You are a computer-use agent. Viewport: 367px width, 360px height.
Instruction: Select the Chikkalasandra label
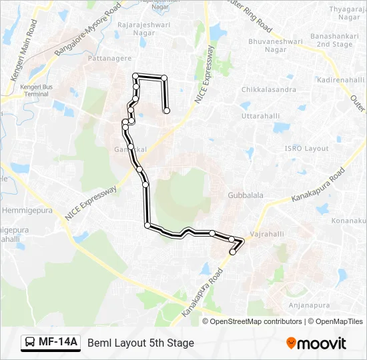click(x=268, y=89)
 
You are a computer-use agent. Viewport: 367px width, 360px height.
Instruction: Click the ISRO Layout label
click(x=306, y=149)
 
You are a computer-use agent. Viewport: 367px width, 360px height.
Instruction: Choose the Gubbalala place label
click(x=245, y=195)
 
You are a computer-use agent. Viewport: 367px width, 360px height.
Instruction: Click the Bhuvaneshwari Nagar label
click(x=284, y=45)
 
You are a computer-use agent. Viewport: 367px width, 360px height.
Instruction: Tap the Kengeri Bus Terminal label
click(x=33, y=90)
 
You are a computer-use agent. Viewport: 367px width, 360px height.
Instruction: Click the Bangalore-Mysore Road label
click(x=87, y=30)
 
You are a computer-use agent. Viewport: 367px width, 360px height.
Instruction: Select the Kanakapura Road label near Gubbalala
click(x=317, y=187)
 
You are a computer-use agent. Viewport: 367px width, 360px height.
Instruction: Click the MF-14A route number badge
click(x=58, y=343)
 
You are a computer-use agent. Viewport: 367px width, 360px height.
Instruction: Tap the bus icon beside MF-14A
click(x=30, y=343)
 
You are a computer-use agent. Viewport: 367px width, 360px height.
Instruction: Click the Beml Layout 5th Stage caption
click(x=141, y=343)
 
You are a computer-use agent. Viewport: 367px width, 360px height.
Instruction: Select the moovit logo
click(x=316, y=343)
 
